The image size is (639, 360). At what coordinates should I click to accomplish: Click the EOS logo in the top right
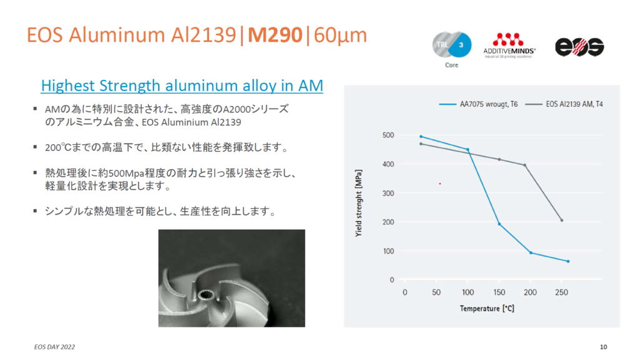580,47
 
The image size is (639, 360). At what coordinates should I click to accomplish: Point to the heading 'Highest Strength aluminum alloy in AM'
182,85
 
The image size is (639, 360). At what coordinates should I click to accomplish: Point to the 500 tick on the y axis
388,135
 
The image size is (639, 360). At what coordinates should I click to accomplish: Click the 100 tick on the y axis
388,251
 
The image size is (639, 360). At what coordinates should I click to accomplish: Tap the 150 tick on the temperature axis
499,292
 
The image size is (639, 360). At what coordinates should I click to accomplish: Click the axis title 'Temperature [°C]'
487,308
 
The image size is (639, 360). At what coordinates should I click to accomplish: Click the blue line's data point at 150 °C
499,224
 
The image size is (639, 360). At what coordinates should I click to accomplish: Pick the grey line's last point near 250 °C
562,220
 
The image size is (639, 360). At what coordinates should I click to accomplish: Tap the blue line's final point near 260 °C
568,261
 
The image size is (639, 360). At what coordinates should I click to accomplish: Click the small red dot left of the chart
440,183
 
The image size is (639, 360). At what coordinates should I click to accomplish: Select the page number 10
603,346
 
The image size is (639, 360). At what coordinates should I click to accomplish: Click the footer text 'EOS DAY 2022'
56,346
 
